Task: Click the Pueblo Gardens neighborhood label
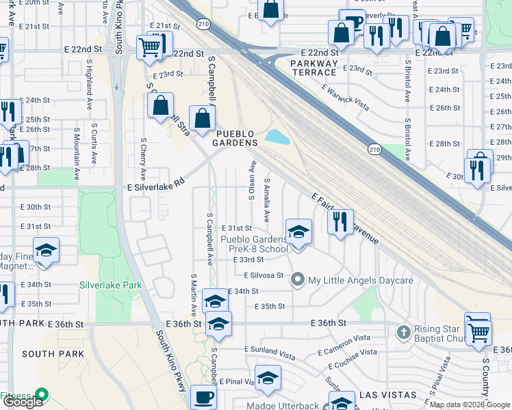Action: pos(235,138)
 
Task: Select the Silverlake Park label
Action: pos(110,284)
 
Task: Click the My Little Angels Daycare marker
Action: pos(297,280)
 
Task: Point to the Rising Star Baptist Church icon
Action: pos(403,332)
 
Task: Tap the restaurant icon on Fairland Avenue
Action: pos(340,221)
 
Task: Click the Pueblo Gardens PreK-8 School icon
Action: pos(298,231)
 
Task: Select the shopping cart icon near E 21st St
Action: pos(150,47)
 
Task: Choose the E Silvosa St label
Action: pos(264,275)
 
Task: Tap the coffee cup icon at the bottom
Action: pos(203,396)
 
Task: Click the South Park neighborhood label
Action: pos(53,354)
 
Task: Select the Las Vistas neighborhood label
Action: pos(387,395)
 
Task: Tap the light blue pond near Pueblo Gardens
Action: pos(276,137)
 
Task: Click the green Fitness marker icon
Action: pos(41,394)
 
